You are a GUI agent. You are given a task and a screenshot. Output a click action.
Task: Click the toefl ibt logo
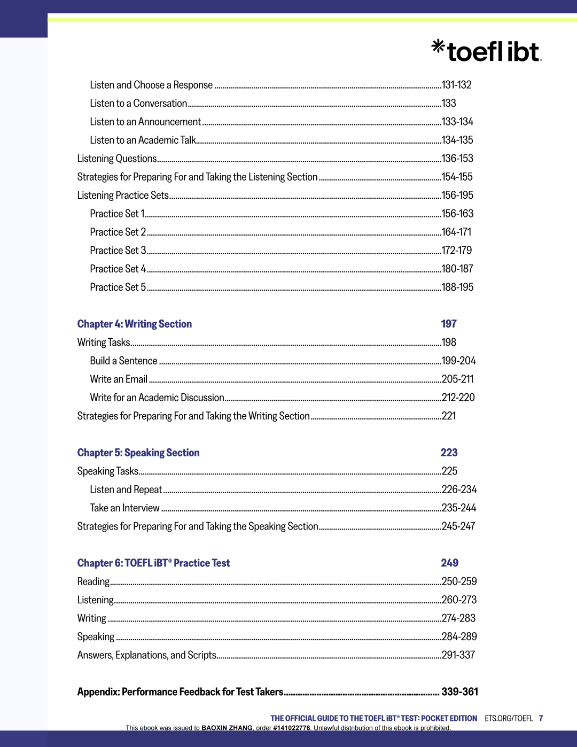click(x=486, y=51)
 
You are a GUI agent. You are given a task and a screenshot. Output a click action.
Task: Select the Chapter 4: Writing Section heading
click(x=134, y=324)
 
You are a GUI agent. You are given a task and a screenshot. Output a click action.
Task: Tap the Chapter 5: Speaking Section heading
click(x=138, y=453)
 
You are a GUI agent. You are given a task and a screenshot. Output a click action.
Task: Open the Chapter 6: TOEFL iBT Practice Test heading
click(x=153, y=563)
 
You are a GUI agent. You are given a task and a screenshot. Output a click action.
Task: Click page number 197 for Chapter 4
click(x=449, y=324)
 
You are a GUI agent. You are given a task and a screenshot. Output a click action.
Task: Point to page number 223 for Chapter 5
click(x=449, y=453)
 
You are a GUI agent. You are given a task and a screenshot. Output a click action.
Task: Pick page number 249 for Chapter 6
click(x=449, y=563)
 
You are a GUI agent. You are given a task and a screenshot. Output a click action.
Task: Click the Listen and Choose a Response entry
click(x=151, y=85)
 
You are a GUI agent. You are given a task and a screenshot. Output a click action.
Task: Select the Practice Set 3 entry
click(x=118, y=251)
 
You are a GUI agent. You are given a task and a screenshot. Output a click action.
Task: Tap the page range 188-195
click(x=457, y=287)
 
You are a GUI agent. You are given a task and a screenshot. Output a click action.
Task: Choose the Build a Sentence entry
click(x=123, y=361)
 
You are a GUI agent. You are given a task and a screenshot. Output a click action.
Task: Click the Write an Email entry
click(x=119, y=379)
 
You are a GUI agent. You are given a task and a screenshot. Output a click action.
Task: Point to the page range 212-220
click(x=458, y=398)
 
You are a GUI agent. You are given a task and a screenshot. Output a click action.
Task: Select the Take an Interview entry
click(x=124, y=508)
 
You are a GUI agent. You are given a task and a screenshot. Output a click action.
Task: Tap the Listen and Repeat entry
click(x=126, y=490)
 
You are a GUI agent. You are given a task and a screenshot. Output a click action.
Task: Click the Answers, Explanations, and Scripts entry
click(x=146, y=655)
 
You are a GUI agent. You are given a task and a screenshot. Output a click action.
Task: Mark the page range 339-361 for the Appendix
click(x=459, y=692)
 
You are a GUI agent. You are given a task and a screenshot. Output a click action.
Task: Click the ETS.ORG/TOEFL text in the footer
click(x=509, y=719)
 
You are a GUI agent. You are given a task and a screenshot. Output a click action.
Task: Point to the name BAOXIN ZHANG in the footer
click(x=227, y=728)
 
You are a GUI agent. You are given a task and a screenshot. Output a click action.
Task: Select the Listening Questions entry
click(x=116, y=159)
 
